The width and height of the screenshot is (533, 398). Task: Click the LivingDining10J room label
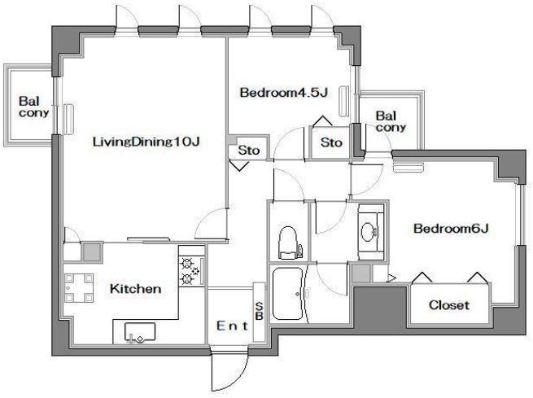[x=146, y=142]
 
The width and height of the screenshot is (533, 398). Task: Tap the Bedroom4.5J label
[x=284, y=93]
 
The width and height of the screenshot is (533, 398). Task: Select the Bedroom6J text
[x=451, y=229]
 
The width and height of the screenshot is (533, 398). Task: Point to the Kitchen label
[x=135, y=289]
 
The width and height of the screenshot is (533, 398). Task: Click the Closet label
[x=449, y=305]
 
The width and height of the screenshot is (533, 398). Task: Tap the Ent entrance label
[x=233, y=326]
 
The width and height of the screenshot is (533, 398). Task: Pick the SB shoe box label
[x=259, y=311]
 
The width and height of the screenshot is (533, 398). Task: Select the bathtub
[x=287, y=294]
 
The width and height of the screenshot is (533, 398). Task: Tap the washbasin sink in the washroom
[x=369, y=232]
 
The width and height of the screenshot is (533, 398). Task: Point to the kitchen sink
[x=140, y=332]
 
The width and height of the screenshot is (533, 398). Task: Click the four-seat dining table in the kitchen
[x=79, y=288]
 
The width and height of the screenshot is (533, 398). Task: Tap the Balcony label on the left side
[x=33, y=107]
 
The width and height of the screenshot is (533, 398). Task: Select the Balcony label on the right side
[x=391, y=121]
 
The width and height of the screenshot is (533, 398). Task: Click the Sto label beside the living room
[x=249, y=150]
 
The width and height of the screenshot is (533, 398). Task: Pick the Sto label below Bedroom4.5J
[x=331, y=142]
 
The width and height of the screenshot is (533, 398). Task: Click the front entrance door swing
[x=229, y=370]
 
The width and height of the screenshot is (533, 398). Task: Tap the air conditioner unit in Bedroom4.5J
[x=343, y=102]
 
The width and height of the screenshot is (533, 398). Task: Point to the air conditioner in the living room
[x=69, y=120]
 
